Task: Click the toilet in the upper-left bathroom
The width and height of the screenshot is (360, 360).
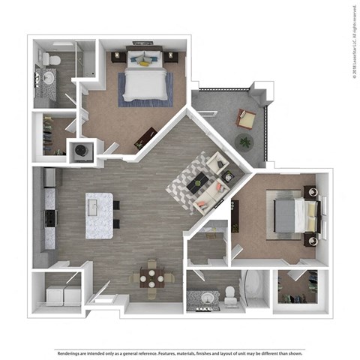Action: click(x=50, y=58)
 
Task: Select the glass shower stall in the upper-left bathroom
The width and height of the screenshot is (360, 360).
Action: click(x=86, y=58)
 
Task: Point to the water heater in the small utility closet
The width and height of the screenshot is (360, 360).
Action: click(x=80, y=149)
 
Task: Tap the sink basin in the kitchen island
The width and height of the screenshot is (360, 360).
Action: click(x=98, y=204)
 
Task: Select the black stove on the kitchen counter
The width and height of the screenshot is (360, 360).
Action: click(x=50, y=217)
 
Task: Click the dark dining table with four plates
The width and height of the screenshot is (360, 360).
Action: click(x=153, y=277)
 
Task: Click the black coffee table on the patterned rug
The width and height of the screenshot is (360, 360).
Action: click(x=199, y=181)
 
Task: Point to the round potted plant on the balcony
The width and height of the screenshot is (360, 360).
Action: click(x=244, y=140)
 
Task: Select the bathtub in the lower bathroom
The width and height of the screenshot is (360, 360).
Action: click(x=253, y=289)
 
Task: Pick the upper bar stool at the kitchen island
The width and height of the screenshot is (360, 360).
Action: click(x=115, y=205)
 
